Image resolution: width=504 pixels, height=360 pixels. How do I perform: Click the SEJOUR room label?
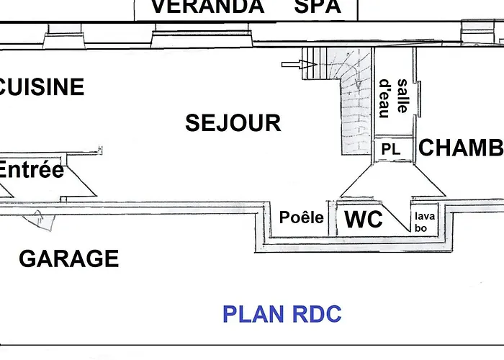click(233, 123)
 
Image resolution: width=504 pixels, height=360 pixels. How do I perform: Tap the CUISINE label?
click(42, 87)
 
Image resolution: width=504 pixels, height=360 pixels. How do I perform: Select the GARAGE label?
click(68, 258)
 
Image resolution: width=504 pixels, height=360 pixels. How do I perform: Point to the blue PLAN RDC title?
click(282, 314)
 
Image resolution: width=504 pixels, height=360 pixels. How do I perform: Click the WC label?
click(364, 220)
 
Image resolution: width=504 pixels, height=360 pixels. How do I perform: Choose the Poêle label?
click(302, 217)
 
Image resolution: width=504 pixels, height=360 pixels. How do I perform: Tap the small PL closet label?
click(390, 150)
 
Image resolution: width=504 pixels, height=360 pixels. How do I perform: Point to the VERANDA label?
click(207, 7)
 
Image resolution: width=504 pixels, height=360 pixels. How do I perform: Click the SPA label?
click(318, 7)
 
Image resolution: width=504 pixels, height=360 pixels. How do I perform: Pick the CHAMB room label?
click(461, 148)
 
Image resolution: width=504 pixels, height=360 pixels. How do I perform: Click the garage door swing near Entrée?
click(42, 219)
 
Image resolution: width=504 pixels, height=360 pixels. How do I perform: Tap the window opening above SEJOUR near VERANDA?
click(201, 36)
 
